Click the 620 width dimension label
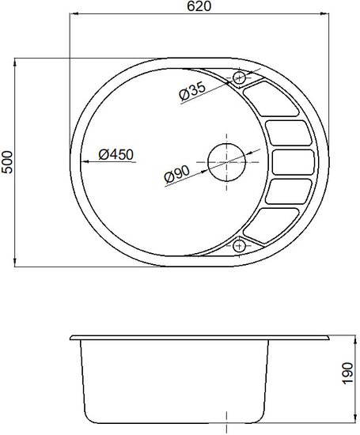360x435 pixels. coord(199,6)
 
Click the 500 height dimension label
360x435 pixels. coord(7,162)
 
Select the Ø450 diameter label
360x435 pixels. coord(116,154)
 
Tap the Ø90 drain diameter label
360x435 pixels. coord(176,175)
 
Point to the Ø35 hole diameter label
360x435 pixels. coord(192,91)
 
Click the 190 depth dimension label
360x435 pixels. coord(347,373)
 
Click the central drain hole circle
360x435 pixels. coord(227,162)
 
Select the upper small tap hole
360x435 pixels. coord(239,78)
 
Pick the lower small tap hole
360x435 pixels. coord(239,246)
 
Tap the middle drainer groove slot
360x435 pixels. coord(293,162)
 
